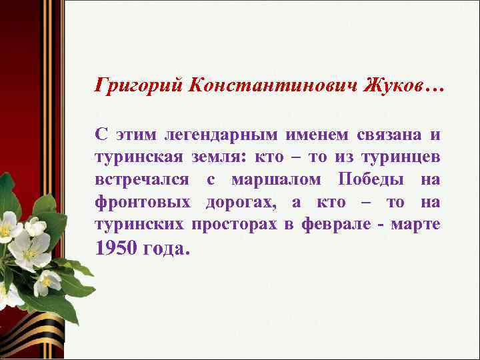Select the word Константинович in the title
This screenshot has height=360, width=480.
point(270,87)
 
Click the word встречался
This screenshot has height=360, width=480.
point(138,181)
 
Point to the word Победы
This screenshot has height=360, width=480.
point(367,180)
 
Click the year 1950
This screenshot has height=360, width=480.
point(118,249)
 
